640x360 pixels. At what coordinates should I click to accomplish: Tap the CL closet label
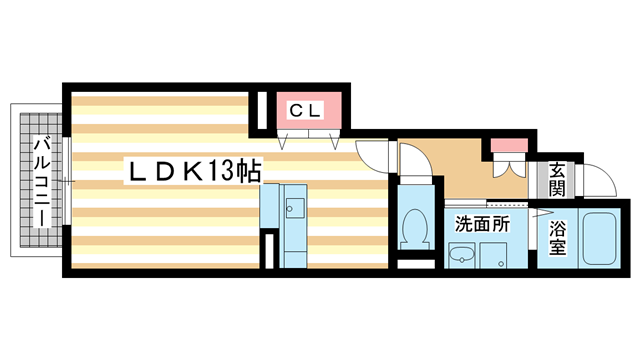click(x=305, y=110)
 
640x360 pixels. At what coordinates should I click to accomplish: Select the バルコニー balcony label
click(x=43, y=183)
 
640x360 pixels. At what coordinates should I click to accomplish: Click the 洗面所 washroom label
click(x=484, y=225)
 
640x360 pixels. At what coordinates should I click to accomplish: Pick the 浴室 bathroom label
click(x=557, y=238)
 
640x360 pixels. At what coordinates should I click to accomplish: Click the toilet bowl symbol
click(x=411, y=229)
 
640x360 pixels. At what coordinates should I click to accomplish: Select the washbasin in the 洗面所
click(x=461, y=258)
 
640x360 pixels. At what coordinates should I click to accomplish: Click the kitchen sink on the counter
click(x=295, y=210)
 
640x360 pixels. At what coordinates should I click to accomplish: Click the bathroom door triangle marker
click(x=540, y=213)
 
